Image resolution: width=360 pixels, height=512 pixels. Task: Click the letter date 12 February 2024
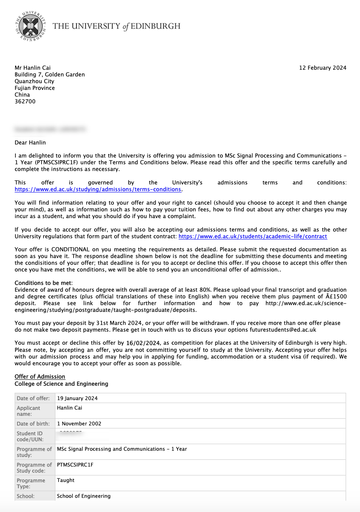pos(322,68)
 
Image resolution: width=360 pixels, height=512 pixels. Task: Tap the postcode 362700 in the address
pos(25,101)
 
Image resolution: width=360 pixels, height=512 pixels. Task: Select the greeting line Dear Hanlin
pos(30,142)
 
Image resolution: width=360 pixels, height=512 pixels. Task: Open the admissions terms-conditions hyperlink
pos(98,189)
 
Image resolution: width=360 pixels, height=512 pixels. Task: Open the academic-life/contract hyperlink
pos(253,236)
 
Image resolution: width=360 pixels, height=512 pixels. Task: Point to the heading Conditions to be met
pos(44,283)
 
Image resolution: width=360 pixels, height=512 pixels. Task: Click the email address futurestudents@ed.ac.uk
pos(283,329)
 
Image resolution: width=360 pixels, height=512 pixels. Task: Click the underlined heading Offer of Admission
pos(40,376)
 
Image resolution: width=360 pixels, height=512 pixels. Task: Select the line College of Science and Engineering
pos(61,384)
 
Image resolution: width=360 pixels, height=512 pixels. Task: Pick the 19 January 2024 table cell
pos(77,398)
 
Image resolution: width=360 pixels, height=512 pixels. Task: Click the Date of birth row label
pos(33,424)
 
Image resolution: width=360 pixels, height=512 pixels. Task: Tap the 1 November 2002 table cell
pos(79,424)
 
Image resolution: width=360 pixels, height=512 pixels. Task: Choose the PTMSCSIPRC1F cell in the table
pos(75,465)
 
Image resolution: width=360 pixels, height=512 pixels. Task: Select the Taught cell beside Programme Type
pos(66,480)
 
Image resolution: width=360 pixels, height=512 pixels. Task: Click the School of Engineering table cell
pos(84,496)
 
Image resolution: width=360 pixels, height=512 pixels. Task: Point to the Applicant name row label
pos(28,411)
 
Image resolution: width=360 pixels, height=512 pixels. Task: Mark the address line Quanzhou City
pos(34,81)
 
